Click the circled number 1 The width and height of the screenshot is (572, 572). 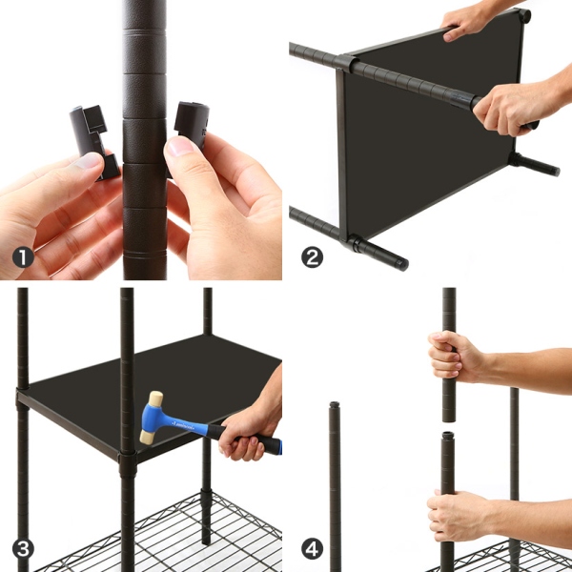coord(23,257)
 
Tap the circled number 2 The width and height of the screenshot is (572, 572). coord(312,257)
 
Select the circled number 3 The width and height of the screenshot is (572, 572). coord(23,549)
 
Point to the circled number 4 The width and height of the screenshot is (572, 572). coord(312,549)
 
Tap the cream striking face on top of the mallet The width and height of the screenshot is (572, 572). coord(155,398)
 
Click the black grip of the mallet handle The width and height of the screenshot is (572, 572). coord(252,440)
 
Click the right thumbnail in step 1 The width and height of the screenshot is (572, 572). coord(180,145)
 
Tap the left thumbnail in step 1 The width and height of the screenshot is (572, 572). coord(89,160)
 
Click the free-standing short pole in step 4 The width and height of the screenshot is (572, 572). coord(335,486)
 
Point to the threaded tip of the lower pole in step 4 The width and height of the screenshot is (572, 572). coord(448,436)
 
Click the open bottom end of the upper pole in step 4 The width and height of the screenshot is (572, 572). coord(449,419)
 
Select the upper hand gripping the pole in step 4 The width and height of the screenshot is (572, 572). coord(456,357)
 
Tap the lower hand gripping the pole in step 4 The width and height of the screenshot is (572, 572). coord(458,516)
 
